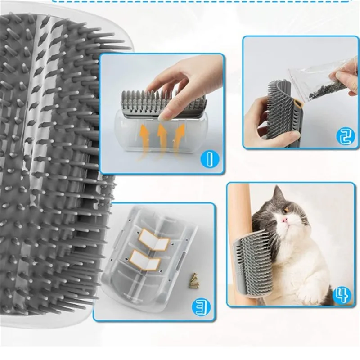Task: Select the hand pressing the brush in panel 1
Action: (180, 83)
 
